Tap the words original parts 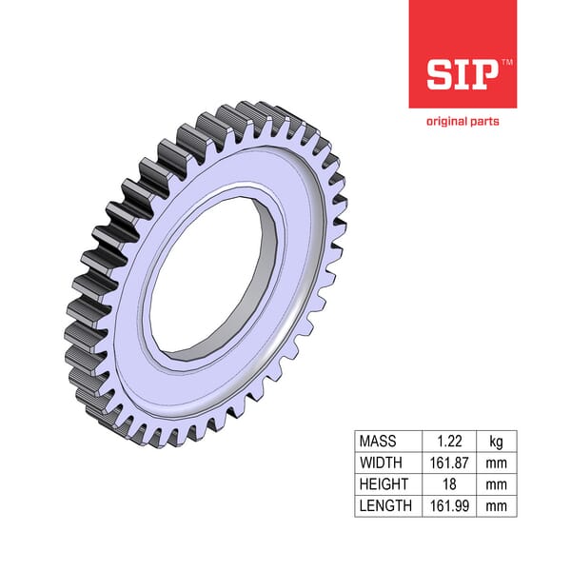tap(463, 121)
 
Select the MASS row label tap(377, 442)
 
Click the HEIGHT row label tap(384, 484)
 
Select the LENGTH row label tap(385, 505)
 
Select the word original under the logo tap(448, 121)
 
